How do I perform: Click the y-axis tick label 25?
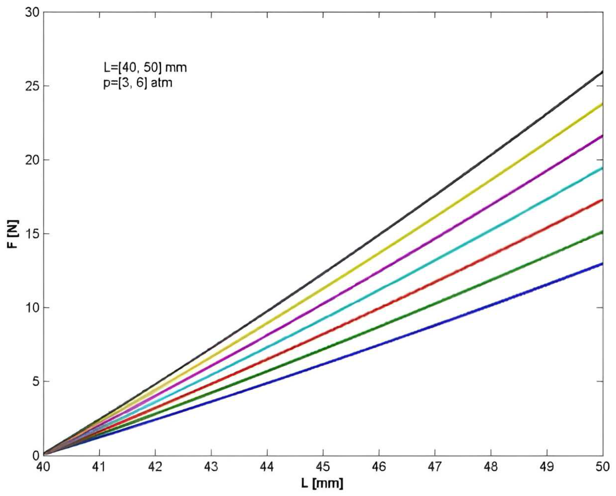32,86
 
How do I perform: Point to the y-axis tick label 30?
32,12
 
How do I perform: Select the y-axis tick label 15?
32,234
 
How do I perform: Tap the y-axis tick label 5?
35,381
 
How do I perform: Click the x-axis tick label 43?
211,467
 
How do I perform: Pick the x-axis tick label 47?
435,467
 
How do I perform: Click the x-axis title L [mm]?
322,483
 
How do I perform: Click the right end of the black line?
603,71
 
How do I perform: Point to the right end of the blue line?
603,263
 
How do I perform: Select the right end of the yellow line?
603,104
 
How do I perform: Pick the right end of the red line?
603,200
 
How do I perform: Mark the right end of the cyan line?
603,168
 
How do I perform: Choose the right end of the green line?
603,231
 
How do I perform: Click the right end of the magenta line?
603,136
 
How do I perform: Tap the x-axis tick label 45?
323,467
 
